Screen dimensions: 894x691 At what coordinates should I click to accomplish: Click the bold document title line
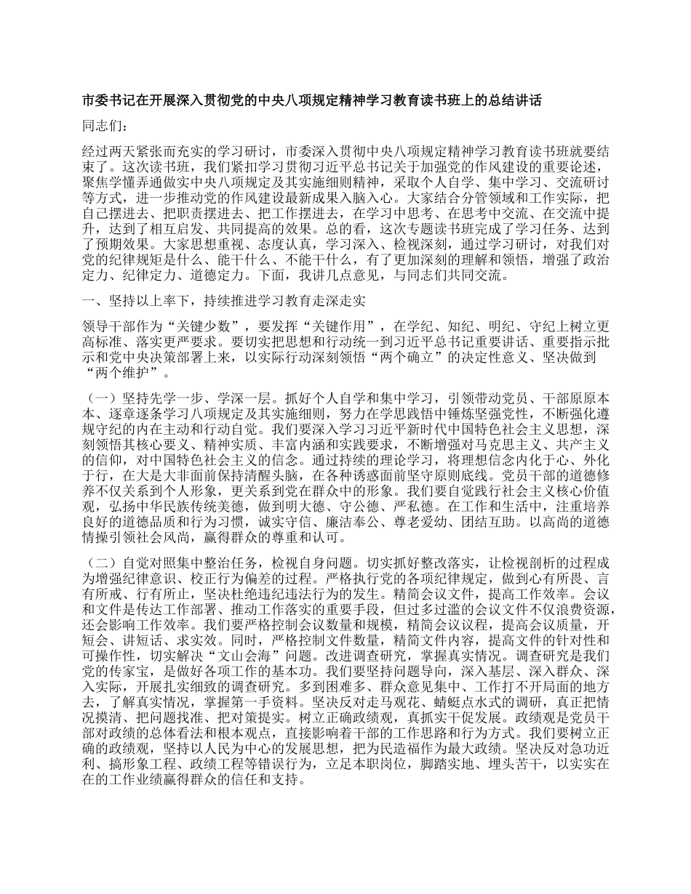coord(312,100)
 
